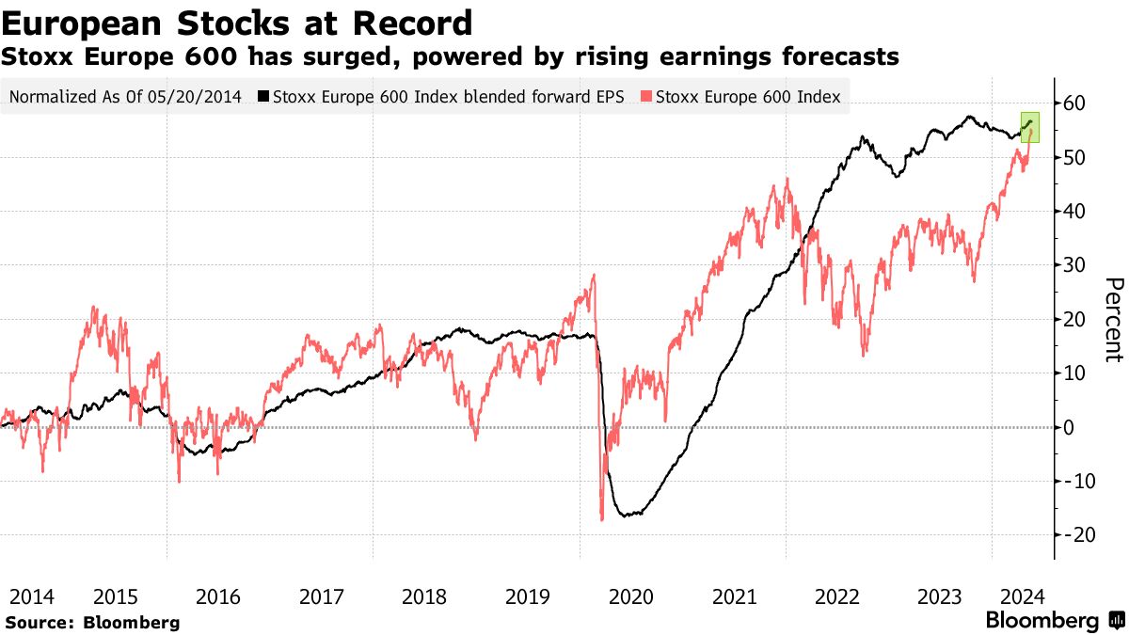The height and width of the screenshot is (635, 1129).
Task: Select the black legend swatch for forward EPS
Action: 264,96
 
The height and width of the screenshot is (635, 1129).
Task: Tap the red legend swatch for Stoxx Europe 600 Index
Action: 646,96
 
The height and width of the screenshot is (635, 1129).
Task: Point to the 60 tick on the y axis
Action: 1073,103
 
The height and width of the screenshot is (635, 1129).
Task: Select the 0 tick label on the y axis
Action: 1069,427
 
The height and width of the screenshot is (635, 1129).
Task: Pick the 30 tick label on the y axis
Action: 1073,265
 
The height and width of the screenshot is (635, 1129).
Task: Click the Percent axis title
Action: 1114,320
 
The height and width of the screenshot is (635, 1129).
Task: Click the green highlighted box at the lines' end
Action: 1030,126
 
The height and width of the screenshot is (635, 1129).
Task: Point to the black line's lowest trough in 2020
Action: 623,516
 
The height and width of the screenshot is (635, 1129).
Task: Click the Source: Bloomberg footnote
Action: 92,622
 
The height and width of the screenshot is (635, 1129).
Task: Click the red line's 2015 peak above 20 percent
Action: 94,307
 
